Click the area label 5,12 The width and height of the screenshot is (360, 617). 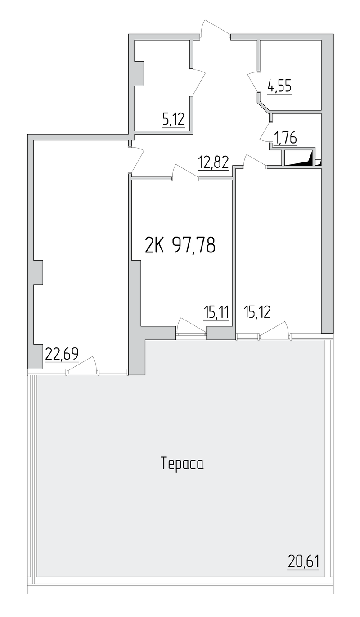tap(173, 119)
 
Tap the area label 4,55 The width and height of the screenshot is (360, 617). tap(279, 86)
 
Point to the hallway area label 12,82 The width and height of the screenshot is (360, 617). tap(213, 162)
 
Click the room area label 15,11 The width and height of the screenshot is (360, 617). tap(216, 313)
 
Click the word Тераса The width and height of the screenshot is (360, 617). tap(182, 464)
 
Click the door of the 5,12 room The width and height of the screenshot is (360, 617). tap(197, 82)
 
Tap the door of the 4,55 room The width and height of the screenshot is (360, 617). tap(254, 82)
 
